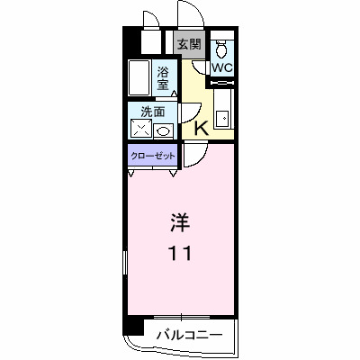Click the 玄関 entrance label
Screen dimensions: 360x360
188,44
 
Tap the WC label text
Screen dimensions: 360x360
222,67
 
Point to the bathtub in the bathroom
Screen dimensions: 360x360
139,78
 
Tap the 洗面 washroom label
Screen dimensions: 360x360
151,112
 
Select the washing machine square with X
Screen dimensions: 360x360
141,130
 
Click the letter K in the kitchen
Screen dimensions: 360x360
201,128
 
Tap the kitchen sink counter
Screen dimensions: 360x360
224,112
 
